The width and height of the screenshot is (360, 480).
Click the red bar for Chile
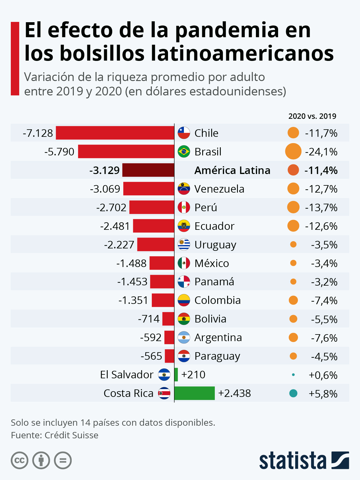coord(115,133)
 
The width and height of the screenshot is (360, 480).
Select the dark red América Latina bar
coord(148,170)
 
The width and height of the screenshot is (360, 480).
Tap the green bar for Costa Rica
coord(194,393)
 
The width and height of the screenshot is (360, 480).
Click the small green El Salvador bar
coord(176,375)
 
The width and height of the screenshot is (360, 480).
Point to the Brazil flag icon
coord(184,151)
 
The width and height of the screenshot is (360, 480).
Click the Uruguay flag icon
coord(184,244)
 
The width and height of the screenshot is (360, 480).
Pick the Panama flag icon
coord(184,282)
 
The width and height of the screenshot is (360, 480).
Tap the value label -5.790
coord(59,152)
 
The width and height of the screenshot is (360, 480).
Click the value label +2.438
coord(234,393)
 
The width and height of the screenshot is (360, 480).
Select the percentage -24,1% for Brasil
coord(321,152)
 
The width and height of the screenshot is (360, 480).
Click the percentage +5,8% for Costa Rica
coord(323,394)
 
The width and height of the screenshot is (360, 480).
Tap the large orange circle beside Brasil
coord(293,151)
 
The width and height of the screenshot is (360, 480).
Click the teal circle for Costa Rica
coord(293,393)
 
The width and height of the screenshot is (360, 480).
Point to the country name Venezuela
coord(219,189)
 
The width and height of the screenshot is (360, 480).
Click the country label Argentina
coord(218,337)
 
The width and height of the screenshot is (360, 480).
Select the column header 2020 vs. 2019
coord(312,116)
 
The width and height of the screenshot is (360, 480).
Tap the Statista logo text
coord(292,460)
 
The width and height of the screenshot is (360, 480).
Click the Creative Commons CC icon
coord(19,460)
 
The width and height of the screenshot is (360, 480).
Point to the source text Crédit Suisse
coord(71,435)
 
